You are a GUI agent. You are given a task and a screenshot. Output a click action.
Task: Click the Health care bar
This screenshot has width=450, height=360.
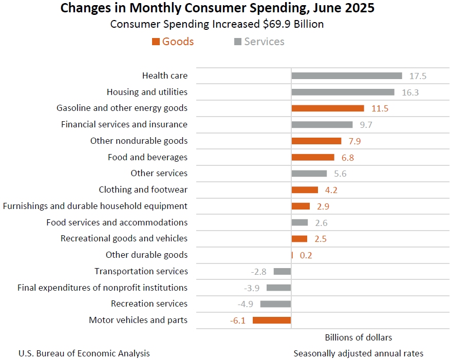coord(347,76)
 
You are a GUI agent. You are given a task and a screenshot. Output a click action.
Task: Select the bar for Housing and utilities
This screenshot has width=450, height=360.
coord(343,92)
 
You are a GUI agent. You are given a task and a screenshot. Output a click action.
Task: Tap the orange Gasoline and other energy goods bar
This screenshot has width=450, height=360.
coord(328,108)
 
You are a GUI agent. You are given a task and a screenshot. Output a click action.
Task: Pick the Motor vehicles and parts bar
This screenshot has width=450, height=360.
coord(272,320)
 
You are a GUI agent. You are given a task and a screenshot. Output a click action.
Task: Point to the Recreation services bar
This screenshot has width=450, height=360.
coord(275,304)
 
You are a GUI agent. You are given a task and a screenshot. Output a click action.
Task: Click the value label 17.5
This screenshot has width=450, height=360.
coord(418,76)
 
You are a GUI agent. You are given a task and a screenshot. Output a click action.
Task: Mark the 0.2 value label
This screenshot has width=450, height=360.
coord(306,255)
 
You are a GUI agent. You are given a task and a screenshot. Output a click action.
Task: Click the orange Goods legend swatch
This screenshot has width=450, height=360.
coord(156,42)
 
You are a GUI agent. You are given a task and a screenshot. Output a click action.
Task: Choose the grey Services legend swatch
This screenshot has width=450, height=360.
coord(238,42)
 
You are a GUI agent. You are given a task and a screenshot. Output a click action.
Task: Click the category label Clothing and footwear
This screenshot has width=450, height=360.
coord(143,190)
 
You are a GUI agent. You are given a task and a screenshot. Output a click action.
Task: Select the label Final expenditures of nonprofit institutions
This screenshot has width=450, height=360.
coord(102,288)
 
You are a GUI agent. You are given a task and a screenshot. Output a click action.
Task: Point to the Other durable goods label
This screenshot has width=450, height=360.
coord(146,255)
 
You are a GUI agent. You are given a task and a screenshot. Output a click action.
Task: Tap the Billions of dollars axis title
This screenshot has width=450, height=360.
coord(358,337)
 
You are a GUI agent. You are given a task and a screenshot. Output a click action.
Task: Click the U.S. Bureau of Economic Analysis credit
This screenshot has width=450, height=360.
coord(84,353)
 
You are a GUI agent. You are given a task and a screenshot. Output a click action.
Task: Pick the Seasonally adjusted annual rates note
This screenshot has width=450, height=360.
coord(358,353)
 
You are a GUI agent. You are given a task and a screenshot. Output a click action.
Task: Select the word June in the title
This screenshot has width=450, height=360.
coord(317,8)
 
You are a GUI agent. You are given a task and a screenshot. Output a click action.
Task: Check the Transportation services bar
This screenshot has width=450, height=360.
coord(282,271)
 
